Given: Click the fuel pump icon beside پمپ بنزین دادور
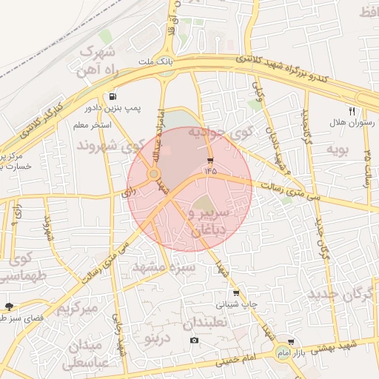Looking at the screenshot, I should pyautogui.click(x=112, y=96).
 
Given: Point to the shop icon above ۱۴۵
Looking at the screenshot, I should pyautogui.click(x=211, y=160).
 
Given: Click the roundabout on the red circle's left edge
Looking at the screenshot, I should pyautogui.click(x=154, y=174).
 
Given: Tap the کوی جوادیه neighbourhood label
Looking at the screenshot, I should pyautogui.click(x=220, y=133).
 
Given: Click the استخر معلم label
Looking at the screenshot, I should pyautogui.click(x=92, y=125).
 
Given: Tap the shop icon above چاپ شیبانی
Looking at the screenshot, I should pyautogui.click(x=236, y=293).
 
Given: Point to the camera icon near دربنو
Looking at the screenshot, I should pyautogui.click(x=194, y=340).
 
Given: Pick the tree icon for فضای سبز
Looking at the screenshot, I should pyautogui.click(x=9, y=306).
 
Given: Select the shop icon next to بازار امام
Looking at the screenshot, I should pyautogui.click(x=291, y=342).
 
